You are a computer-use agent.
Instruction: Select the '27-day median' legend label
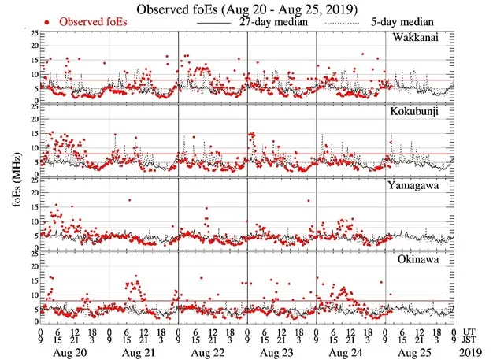pyautogui.click(x=269, y=23)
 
